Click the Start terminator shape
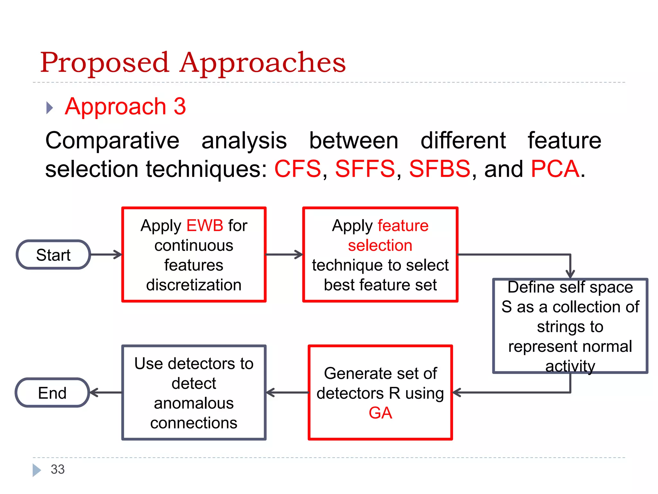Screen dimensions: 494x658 pos(53,255)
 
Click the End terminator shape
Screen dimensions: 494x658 pos(52,393)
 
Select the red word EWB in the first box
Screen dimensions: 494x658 pos(205,225)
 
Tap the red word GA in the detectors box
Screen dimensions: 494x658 pos(380,413)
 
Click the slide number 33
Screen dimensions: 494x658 pos(58,469)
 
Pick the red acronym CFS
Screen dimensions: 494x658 pos(298,169)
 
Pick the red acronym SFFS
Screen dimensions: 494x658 pos(365,169)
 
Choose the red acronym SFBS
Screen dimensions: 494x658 pos(440,169)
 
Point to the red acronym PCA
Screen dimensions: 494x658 pos(555,169)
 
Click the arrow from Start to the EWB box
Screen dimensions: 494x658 pos(106,254)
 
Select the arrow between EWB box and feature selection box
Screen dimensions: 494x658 pos(284,254)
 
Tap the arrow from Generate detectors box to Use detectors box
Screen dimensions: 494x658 pos(287,393)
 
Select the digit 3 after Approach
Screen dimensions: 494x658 pos(180,106)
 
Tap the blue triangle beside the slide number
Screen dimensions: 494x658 pos(36,470)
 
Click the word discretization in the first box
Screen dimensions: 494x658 pos(194,285)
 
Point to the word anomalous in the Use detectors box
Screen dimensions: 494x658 pos(194,403)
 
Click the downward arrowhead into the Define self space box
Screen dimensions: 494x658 pos(570,273)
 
